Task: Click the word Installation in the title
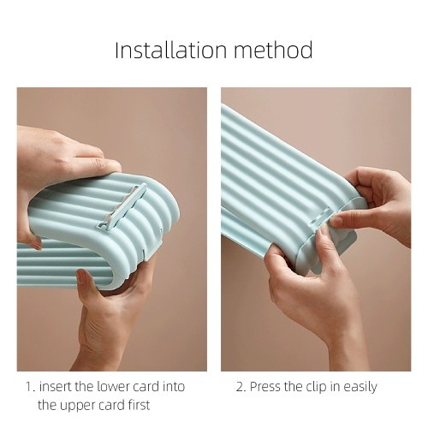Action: pos(171,50)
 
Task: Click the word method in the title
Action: pos(274,50)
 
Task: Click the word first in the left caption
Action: pos(139,405)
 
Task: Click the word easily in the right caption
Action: pos(360,387)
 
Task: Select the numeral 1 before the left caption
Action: pos(29,387)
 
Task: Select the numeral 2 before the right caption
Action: pos(240,387)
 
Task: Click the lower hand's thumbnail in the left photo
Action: pos(81,276)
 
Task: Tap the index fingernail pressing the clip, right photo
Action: pos(337,221)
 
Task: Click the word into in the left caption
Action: pos(174,387)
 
